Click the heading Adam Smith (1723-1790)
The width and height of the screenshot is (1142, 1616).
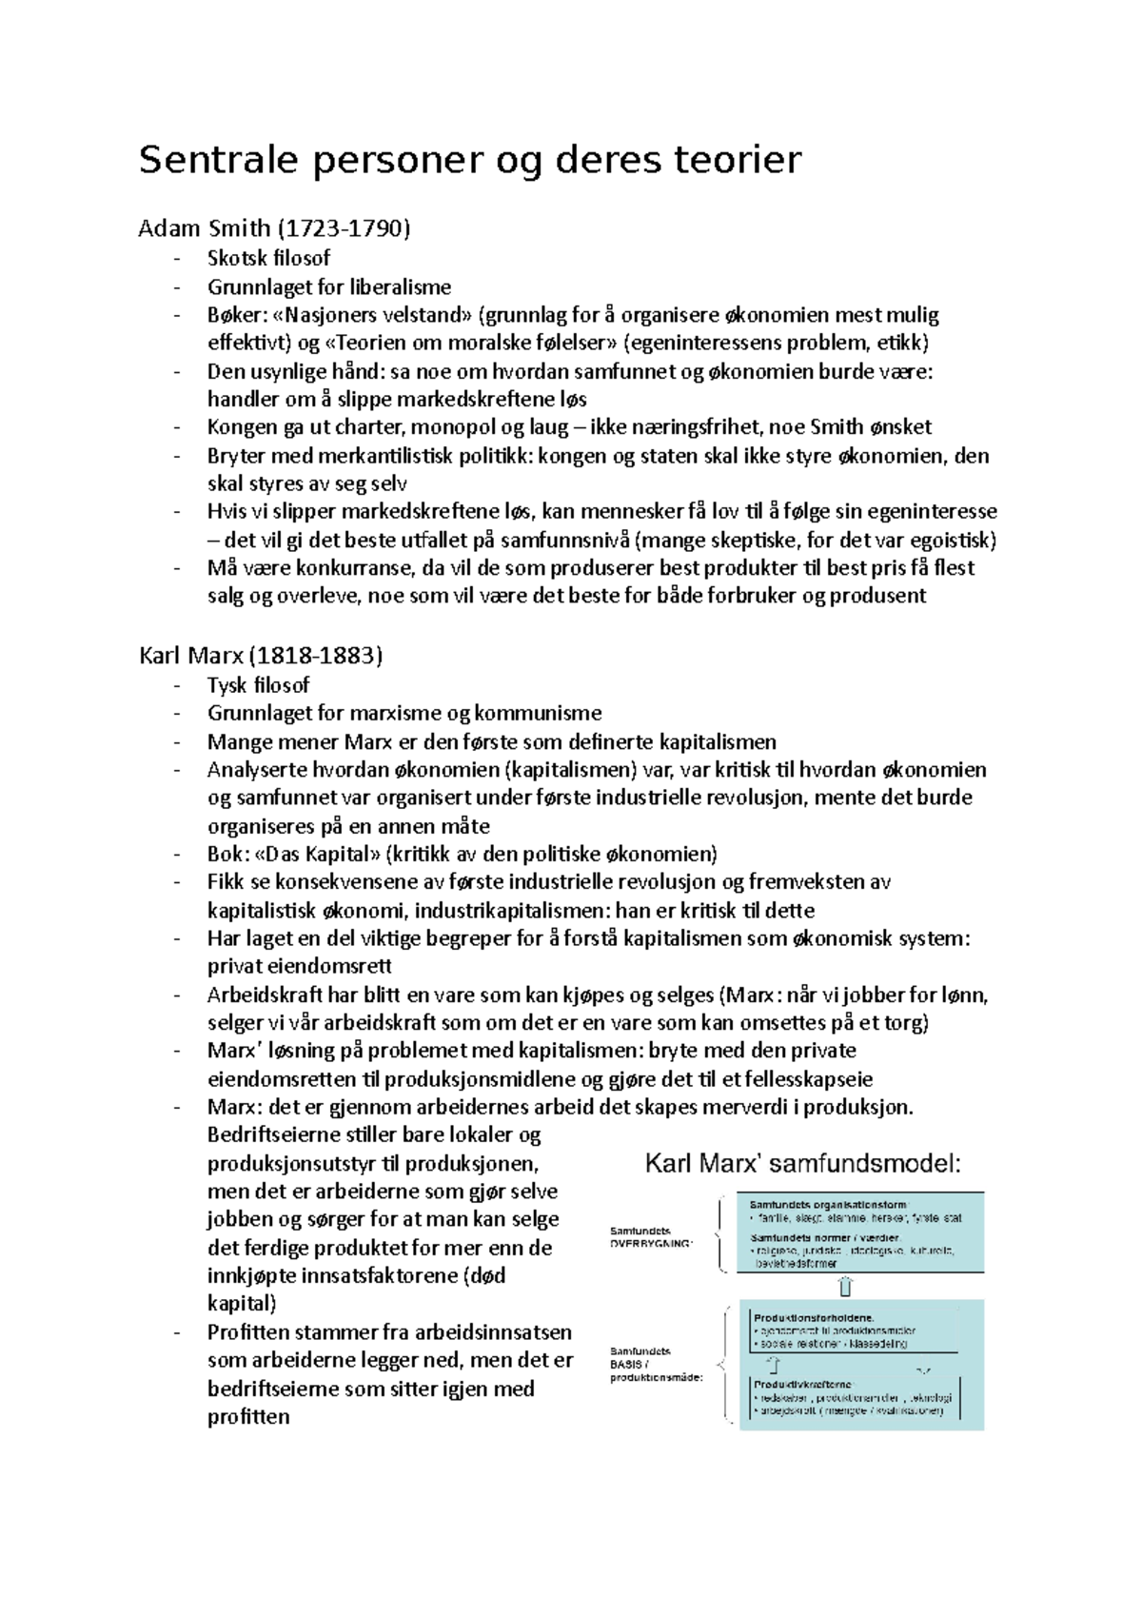(274, 228)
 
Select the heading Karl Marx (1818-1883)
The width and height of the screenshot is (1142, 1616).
(261, 656)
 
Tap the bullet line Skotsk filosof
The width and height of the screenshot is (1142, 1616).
(269, 258)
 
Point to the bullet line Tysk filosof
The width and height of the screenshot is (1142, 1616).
(259, 685)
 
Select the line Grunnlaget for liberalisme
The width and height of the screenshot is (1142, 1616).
(329, 286)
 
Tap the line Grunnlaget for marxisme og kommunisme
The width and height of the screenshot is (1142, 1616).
(404, 713)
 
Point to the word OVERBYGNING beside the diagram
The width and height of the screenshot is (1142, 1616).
(652, 1243)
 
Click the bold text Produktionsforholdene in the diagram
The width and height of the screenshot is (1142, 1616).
(814, 1318)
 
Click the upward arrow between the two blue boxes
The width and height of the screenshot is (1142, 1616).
(845, 1287)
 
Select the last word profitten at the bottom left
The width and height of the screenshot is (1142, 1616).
(248, 1416)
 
